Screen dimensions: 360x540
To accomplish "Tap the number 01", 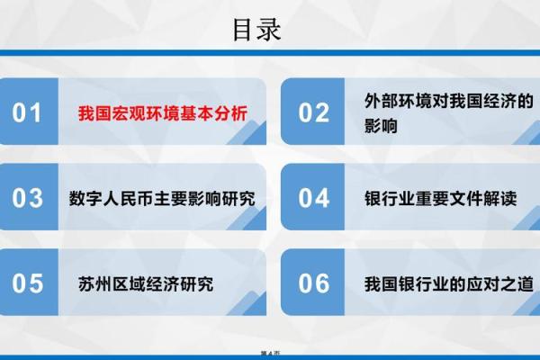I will click(28, 112).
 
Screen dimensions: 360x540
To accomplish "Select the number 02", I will click(314, 112).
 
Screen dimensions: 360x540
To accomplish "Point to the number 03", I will click(28, 198).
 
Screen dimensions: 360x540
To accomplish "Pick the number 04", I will click(314, 198).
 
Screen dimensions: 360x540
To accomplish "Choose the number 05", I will click(28, 283).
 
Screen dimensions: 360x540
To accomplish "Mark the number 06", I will click(314, 283).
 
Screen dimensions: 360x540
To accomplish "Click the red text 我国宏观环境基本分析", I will click(162, 113).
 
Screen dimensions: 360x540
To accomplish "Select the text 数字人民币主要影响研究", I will click(162, 199).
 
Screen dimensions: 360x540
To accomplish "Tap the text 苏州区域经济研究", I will click(146, 284).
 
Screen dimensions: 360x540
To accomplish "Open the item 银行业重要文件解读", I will click(440, 199).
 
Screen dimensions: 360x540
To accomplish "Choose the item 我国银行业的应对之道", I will click(448, 284).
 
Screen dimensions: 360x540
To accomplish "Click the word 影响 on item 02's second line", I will click(382, 128).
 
